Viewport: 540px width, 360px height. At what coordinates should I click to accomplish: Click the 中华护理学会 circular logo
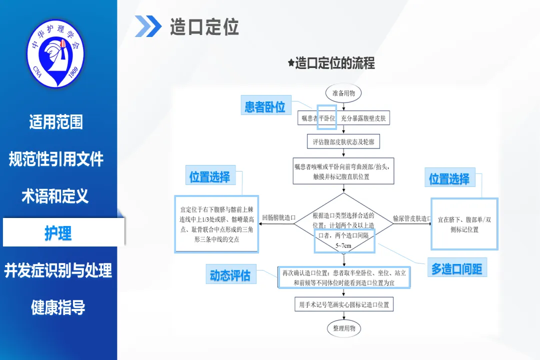[55, 52]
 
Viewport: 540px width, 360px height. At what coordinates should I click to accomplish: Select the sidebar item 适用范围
[56, 122]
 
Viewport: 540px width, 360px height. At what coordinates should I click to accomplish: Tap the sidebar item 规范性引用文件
[56, 159]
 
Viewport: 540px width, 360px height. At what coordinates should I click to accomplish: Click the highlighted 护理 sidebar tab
[58, 233]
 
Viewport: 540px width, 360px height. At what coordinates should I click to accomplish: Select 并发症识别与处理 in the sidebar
[58, 270]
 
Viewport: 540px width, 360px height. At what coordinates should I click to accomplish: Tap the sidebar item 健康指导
[58, 307]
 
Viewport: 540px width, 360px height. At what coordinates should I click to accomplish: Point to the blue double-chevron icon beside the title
[148, 26]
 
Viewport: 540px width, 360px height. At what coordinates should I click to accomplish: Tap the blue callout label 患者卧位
[265, 106]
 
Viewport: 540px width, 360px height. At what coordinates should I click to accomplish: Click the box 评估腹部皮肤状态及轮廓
[343, 141]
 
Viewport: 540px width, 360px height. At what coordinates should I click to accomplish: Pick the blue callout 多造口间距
[456, 269]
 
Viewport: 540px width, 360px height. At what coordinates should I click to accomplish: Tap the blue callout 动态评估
[230, 275]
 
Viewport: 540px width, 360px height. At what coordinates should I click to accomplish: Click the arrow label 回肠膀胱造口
[278, 218]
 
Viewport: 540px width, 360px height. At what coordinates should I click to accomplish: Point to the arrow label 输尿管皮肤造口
[412, 218]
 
